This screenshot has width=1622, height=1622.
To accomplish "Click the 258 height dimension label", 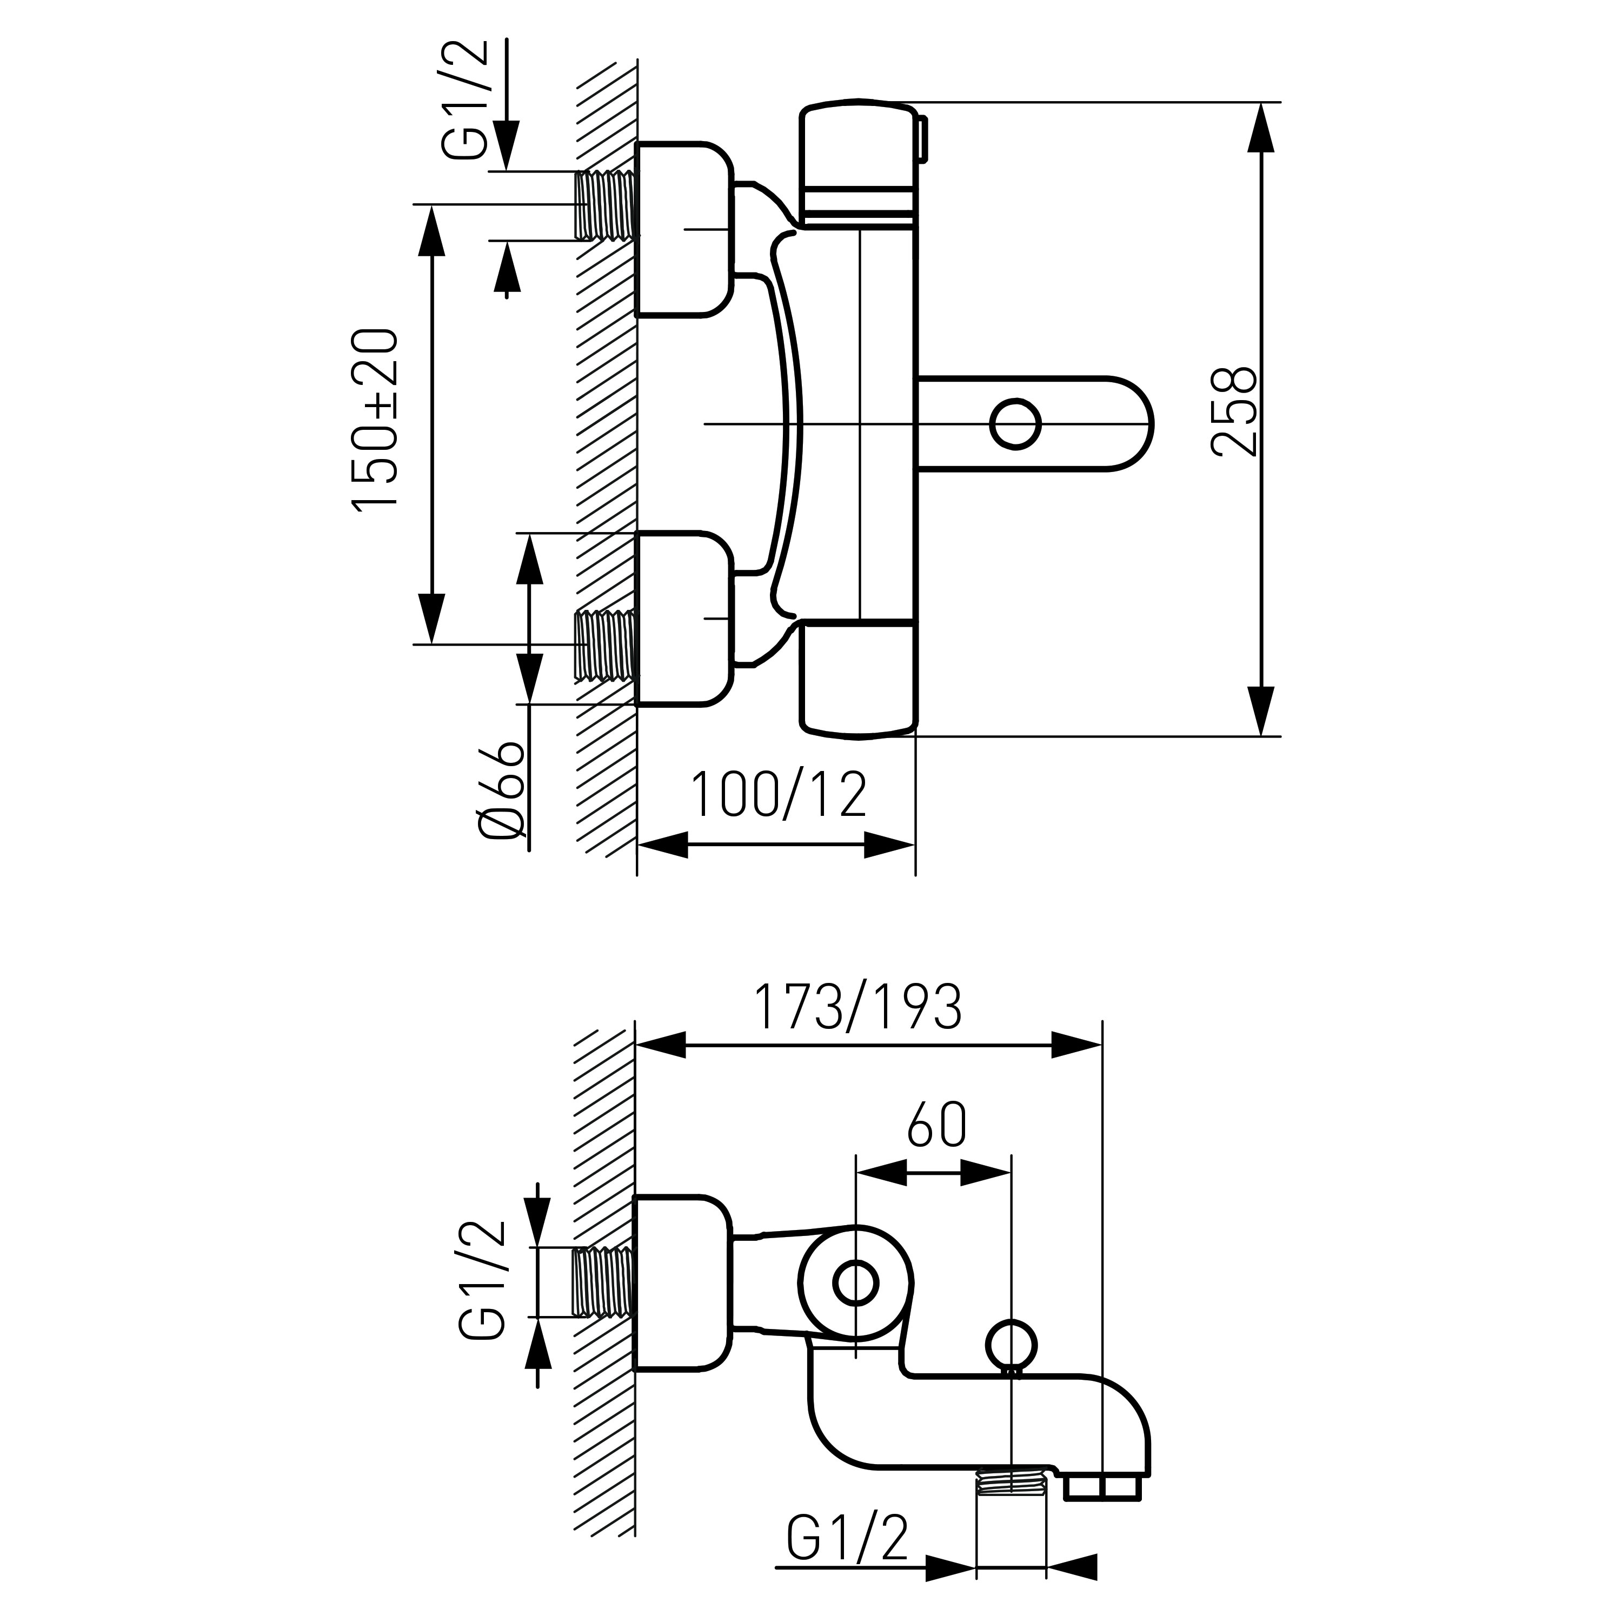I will click(x=1235, y=411).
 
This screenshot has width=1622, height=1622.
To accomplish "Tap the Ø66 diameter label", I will click(x=503, y=790).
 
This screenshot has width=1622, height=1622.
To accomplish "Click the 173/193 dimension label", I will click(x=858, y=1007).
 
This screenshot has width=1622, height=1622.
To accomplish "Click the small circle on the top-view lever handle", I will click(x=1016, y=423).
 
